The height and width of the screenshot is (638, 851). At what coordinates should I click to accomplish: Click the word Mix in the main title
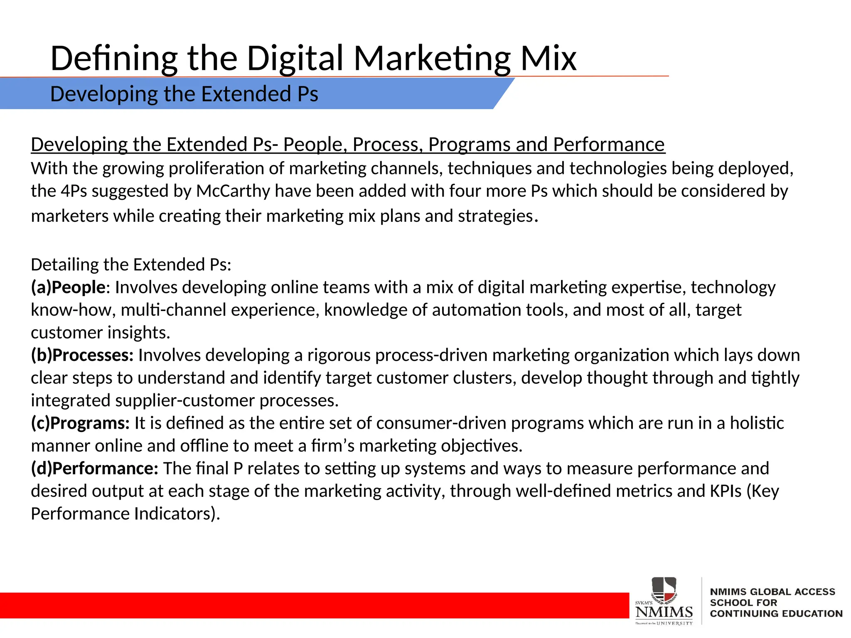click(x=548, y=58)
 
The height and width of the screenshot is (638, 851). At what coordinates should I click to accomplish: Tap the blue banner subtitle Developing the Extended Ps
click(x=184, y=94)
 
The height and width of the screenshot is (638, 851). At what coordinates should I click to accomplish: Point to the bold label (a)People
click(x=68, y=287)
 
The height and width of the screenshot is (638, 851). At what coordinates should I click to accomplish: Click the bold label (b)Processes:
click(x=82, y=355)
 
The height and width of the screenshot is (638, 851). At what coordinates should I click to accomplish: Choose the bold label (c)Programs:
click(x=81, y=423)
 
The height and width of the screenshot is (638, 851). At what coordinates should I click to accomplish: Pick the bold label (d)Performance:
click(x=95, y=469)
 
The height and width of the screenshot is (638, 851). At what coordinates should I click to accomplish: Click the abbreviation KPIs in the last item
click(x=725, y=491)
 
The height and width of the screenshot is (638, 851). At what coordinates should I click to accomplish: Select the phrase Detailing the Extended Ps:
click(x=131, y=265)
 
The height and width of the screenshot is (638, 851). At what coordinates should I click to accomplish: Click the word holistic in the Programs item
click(x=757, y=423)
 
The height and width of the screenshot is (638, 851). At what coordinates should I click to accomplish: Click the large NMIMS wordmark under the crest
click(x=664, y=612)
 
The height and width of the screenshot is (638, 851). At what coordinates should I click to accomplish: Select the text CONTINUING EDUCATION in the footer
click(x=776, y=613)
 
